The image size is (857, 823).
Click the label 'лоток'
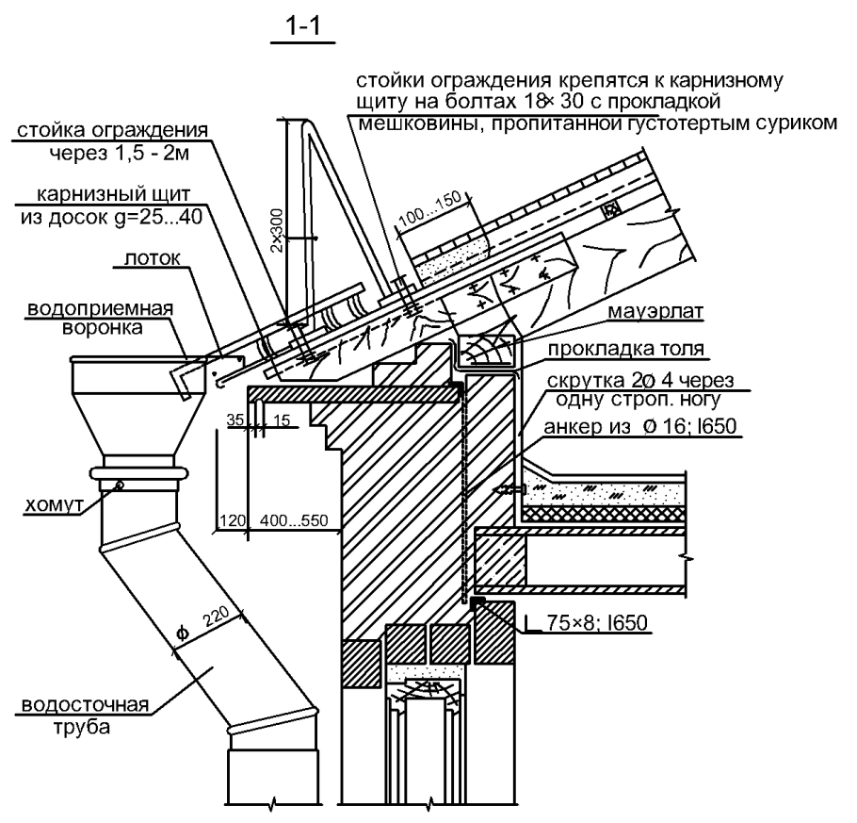pos(146,258)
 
